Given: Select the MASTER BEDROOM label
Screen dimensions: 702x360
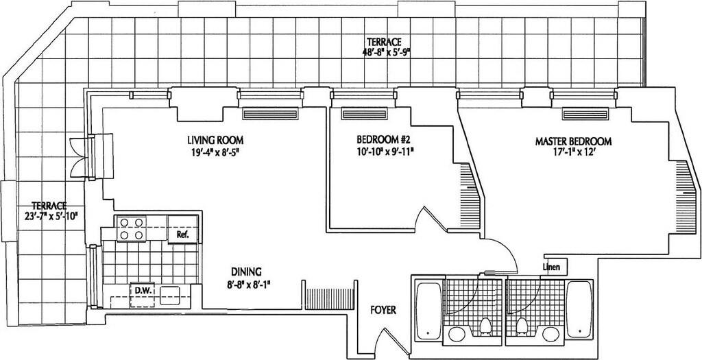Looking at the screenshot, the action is point(573,142).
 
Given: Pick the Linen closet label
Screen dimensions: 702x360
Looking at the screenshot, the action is point(551,266).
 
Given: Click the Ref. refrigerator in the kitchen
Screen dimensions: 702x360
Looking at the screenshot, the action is point(182,234).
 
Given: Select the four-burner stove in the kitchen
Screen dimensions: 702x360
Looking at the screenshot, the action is point(132,228).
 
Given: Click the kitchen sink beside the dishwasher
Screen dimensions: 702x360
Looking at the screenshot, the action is point(171,294).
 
